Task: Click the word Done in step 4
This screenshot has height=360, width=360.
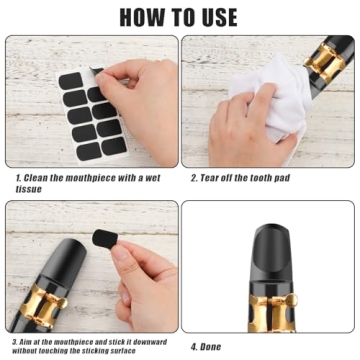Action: point(213,346)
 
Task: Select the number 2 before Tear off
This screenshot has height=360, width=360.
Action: point(194,178)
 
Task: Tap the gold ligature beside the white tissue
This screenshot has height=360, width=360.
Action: point(323,60)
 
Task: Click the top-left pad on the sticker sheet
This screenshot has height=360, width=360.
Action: point(70,79)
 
